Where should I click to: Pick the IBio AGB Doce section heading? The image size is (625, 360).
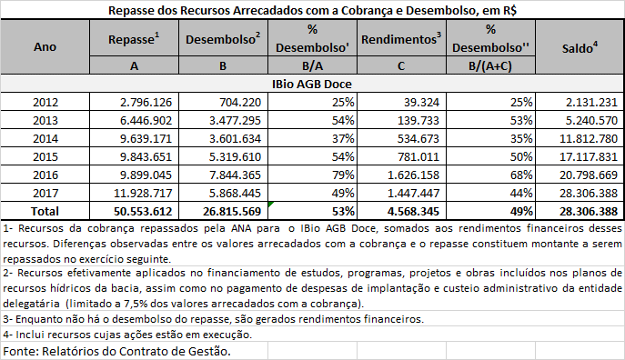point(312,83)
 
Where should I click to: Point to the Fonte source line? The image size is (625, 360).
point(117,350)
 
